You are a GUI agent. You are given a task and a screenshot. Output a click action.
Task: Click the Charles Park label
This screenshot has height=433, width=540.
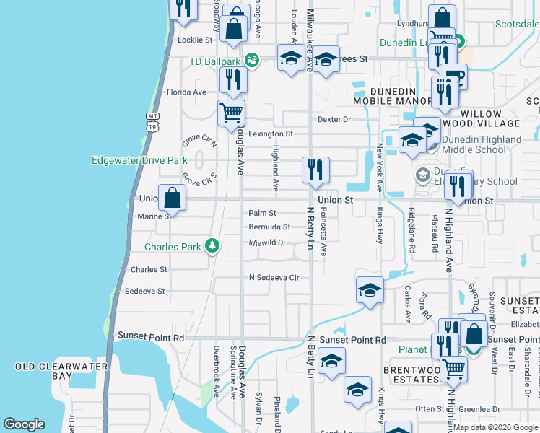(x=173, y=247)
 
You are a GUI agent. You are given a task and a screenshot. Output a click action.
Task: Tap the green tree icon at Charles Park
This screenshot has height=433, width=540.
(x=212, y=247)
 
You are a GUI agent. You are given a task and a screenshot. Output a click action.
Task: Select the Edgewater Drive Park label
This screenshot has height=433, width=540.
(x=139, y=160)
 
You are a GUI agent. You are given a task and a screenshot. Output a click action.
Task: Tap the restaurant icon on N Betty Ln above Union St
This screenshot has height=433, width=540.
(x=315, y=170)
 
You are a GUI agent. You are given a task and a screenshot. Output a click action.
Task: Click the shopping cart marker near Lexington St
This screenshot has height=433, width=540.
(x=231, y=112)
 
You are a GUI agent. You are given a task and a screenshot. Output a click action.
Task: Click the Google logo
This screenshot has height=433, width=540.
(x=24, y=424)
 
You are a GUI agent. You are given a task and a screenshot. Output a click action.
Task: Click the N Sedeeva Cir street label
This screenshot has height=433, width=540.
(x=274, y=277)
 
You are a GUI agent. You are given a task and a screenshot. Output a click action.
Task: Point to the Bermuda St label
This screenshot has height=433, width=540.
(x=269, y=227)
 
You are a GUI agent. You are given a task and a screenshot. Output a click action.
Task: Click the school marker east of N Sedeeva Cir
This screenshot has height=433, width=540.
(x=370, y=290)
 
